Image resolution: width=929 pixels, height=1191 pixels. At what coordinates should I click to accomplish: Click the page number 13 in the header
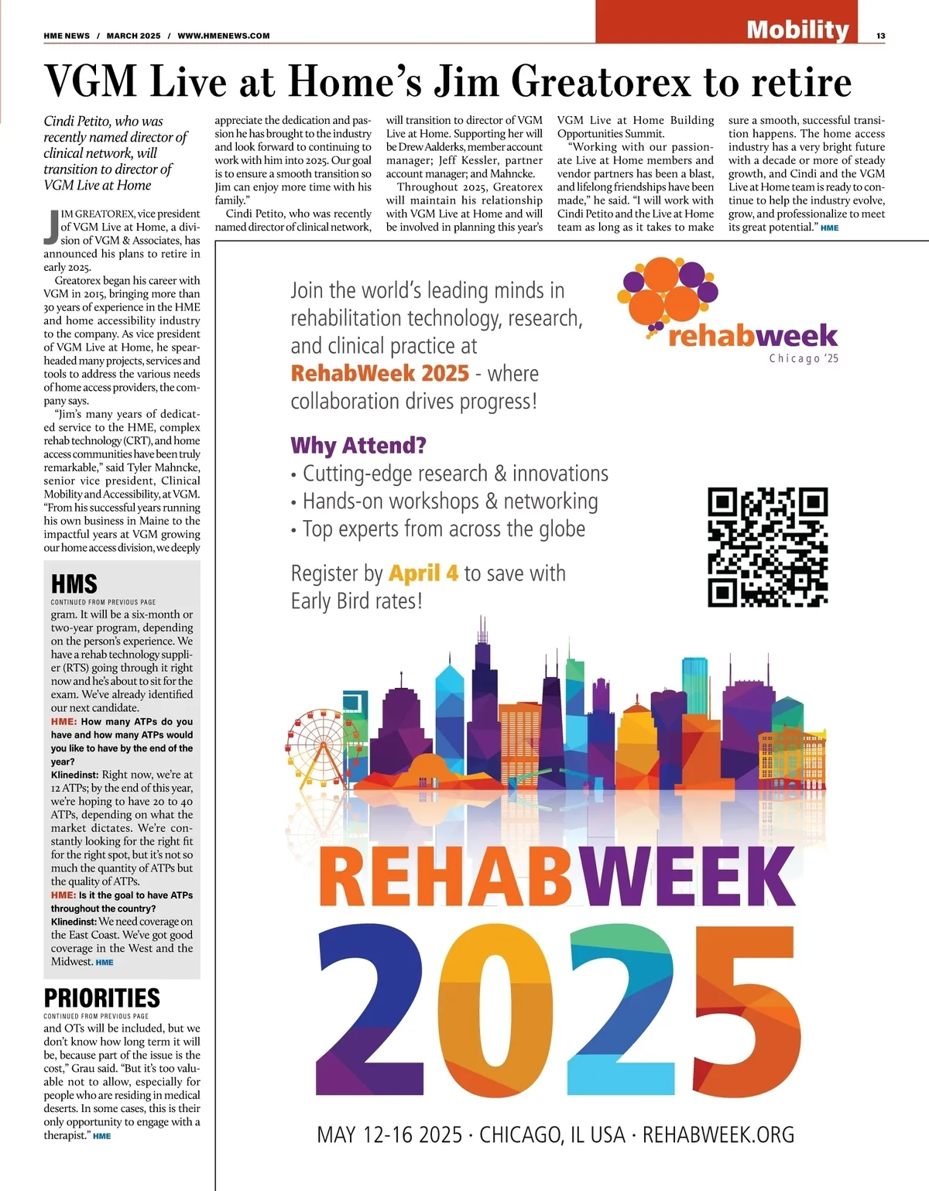(881, 36)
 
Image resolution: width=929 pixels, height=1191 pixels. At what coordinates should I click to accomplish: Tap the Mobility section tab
(797, 29)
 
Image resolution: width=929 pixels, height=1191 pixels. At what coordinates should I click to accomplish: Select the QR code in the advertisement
(767, 546)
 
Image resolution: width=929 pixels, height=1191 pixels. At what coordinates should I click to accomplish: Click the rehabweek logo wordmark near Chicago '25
(752, 335)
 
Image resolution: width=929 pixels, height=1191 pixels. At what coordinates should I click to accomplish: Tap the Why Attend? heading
(358, 446)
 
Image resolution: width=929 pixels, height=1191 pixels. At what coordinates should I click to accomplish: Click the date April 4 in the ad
(423, 573)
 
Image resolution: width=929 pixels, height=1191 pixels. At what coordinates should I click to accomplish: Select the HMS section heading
(74, 584)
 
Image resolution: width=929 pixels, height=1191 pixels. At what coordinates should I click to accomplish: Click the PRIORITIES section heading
(102, 998)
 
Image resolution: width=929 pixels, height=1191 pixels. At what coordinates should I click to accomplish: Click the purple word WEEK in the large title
(689, 878)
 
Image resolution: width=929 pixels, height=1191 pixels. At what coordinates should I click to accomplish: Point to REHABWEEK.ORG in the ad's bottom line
(718, 1135)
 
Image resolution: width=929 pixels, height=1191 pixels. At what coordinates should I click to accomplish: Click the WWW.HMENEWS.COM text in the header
(224, 36)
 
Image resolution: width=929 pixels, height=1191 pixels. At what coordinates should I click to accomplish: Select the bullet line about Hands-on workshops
(450, 501)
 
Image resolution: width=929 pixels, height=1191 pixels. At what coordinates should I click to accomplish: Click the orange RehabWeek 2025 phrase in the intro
(379, 374)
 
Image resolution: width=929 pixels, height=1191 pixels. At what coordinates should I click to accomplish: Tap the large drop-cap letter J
(51, 225)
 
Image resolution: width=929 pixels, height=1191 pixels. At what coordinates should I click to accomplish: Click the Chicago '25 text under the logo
(804, 358)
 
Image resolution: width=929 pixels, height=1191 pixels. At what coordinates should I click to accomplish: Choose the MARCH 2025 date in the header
(134, 36)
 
